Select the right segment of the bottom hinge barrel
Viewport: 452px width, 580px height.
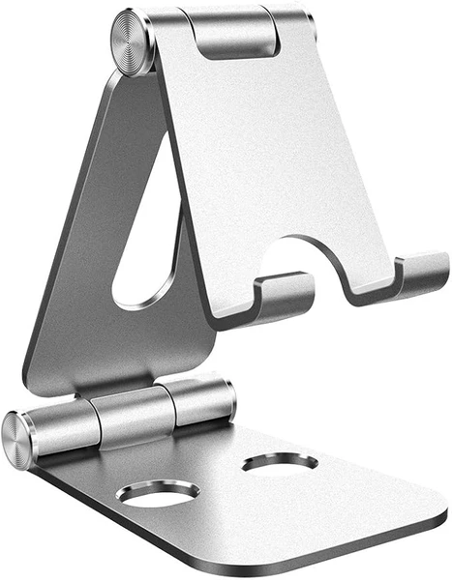click(199, 400)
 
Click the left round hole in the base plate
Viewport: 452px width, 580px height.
click(157, 492)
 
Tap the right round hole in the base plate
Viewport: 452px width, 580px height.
click(280, 463)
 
